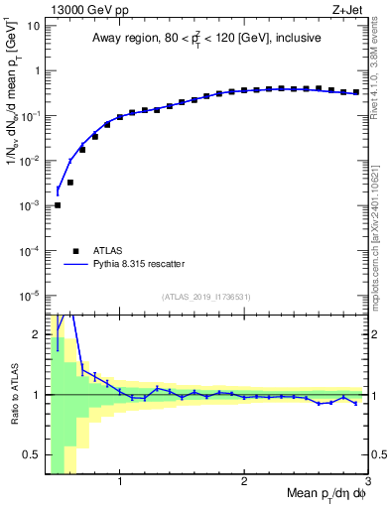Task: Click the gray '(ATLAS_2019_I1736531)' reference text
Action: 206,297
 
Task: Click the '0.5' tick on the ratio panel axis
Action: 32,454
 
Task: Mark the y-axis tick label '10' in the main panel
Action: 32,25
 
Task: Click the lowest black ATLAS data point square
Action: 58,205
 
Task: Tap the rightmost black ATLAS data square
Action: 356,92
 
